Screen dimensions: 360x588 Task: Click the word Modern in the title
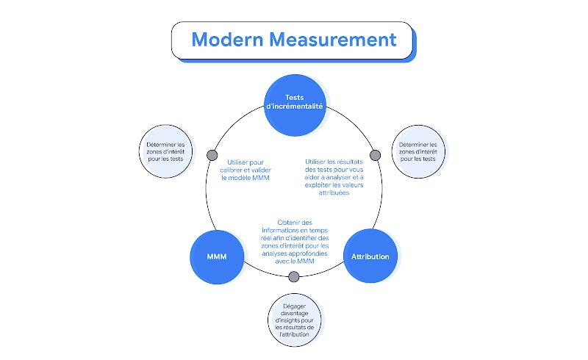click(223, 40)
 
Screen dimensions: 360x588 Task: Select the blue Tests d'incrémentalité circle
click(294, 106)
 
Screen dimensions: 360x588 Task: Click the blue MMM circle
click(217, 256)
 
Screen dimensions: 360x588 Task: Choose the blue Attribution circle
click(370, 256)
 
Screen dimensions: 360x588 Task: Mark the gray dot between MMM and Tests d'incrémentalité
click(212, 155)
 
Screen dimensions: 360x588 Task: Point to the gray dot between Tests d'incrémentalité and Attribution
click(375, 155)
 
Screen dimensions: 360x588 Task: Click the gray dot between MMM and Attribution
click(294, 277)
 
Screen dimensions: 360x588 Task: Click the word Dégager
click(294, 304)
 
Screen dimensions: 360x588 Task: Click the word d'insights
click(284, 320)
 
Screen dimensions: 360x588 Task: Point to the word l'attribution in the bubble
click(294, 335)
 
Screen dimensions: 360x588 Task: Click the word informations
click(279, 230)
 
